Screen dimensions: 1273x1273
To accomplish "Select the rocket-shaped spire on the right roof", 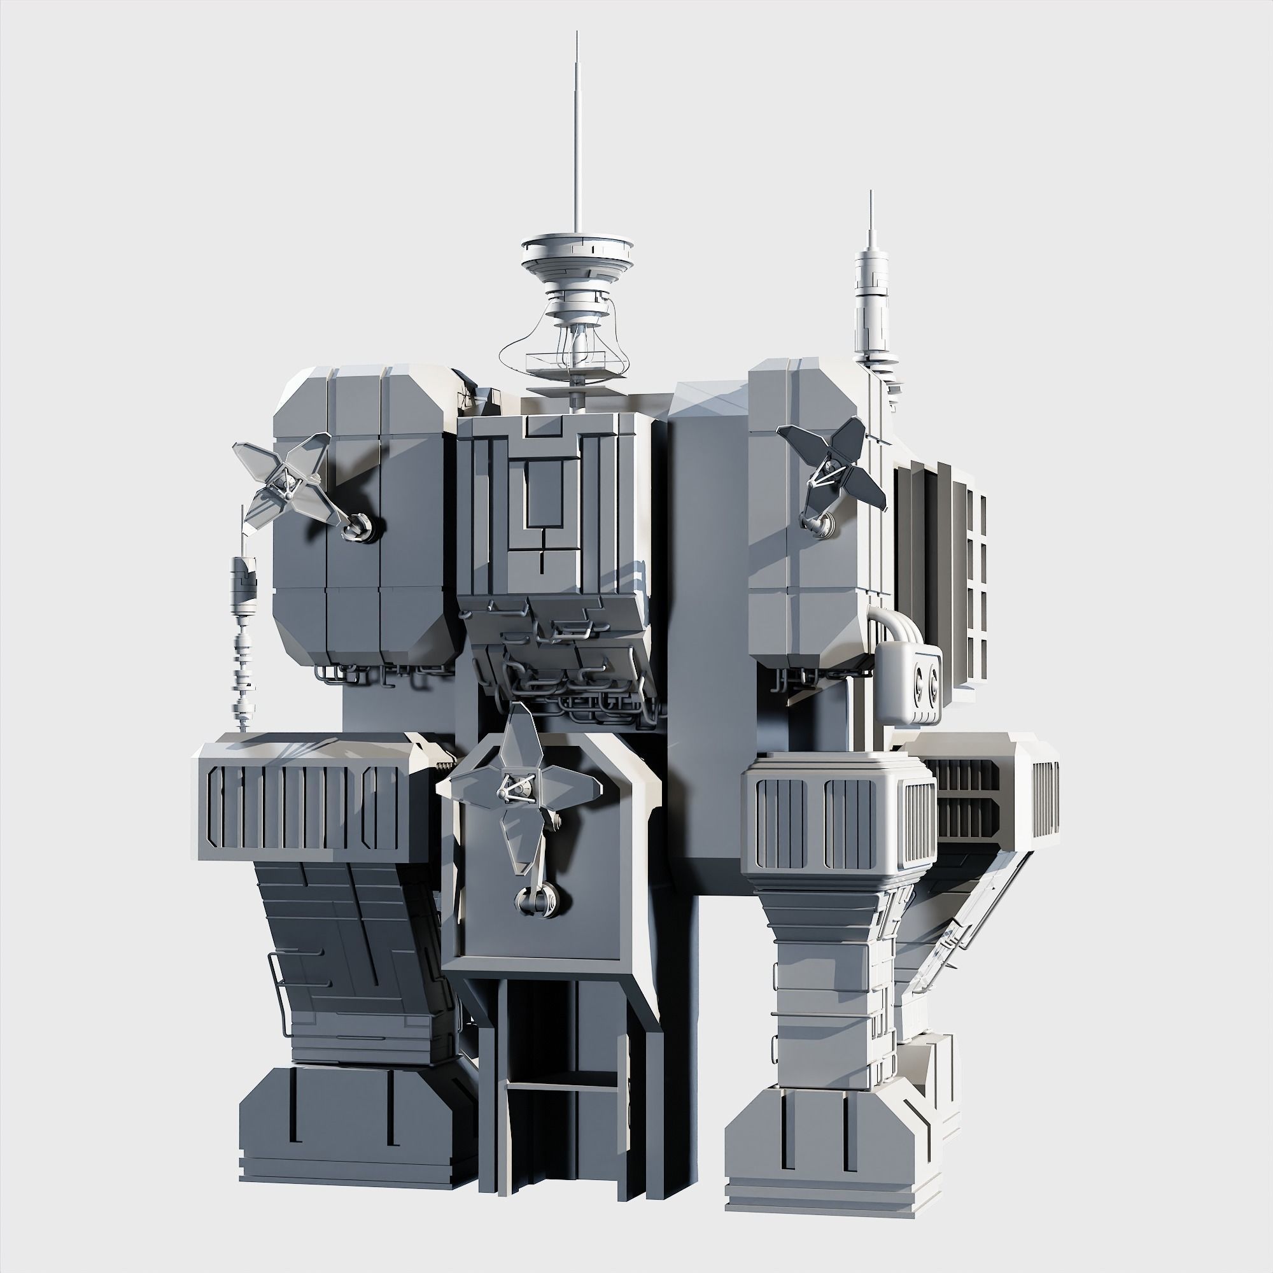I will pyautogui.click(x=871, y=297).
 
